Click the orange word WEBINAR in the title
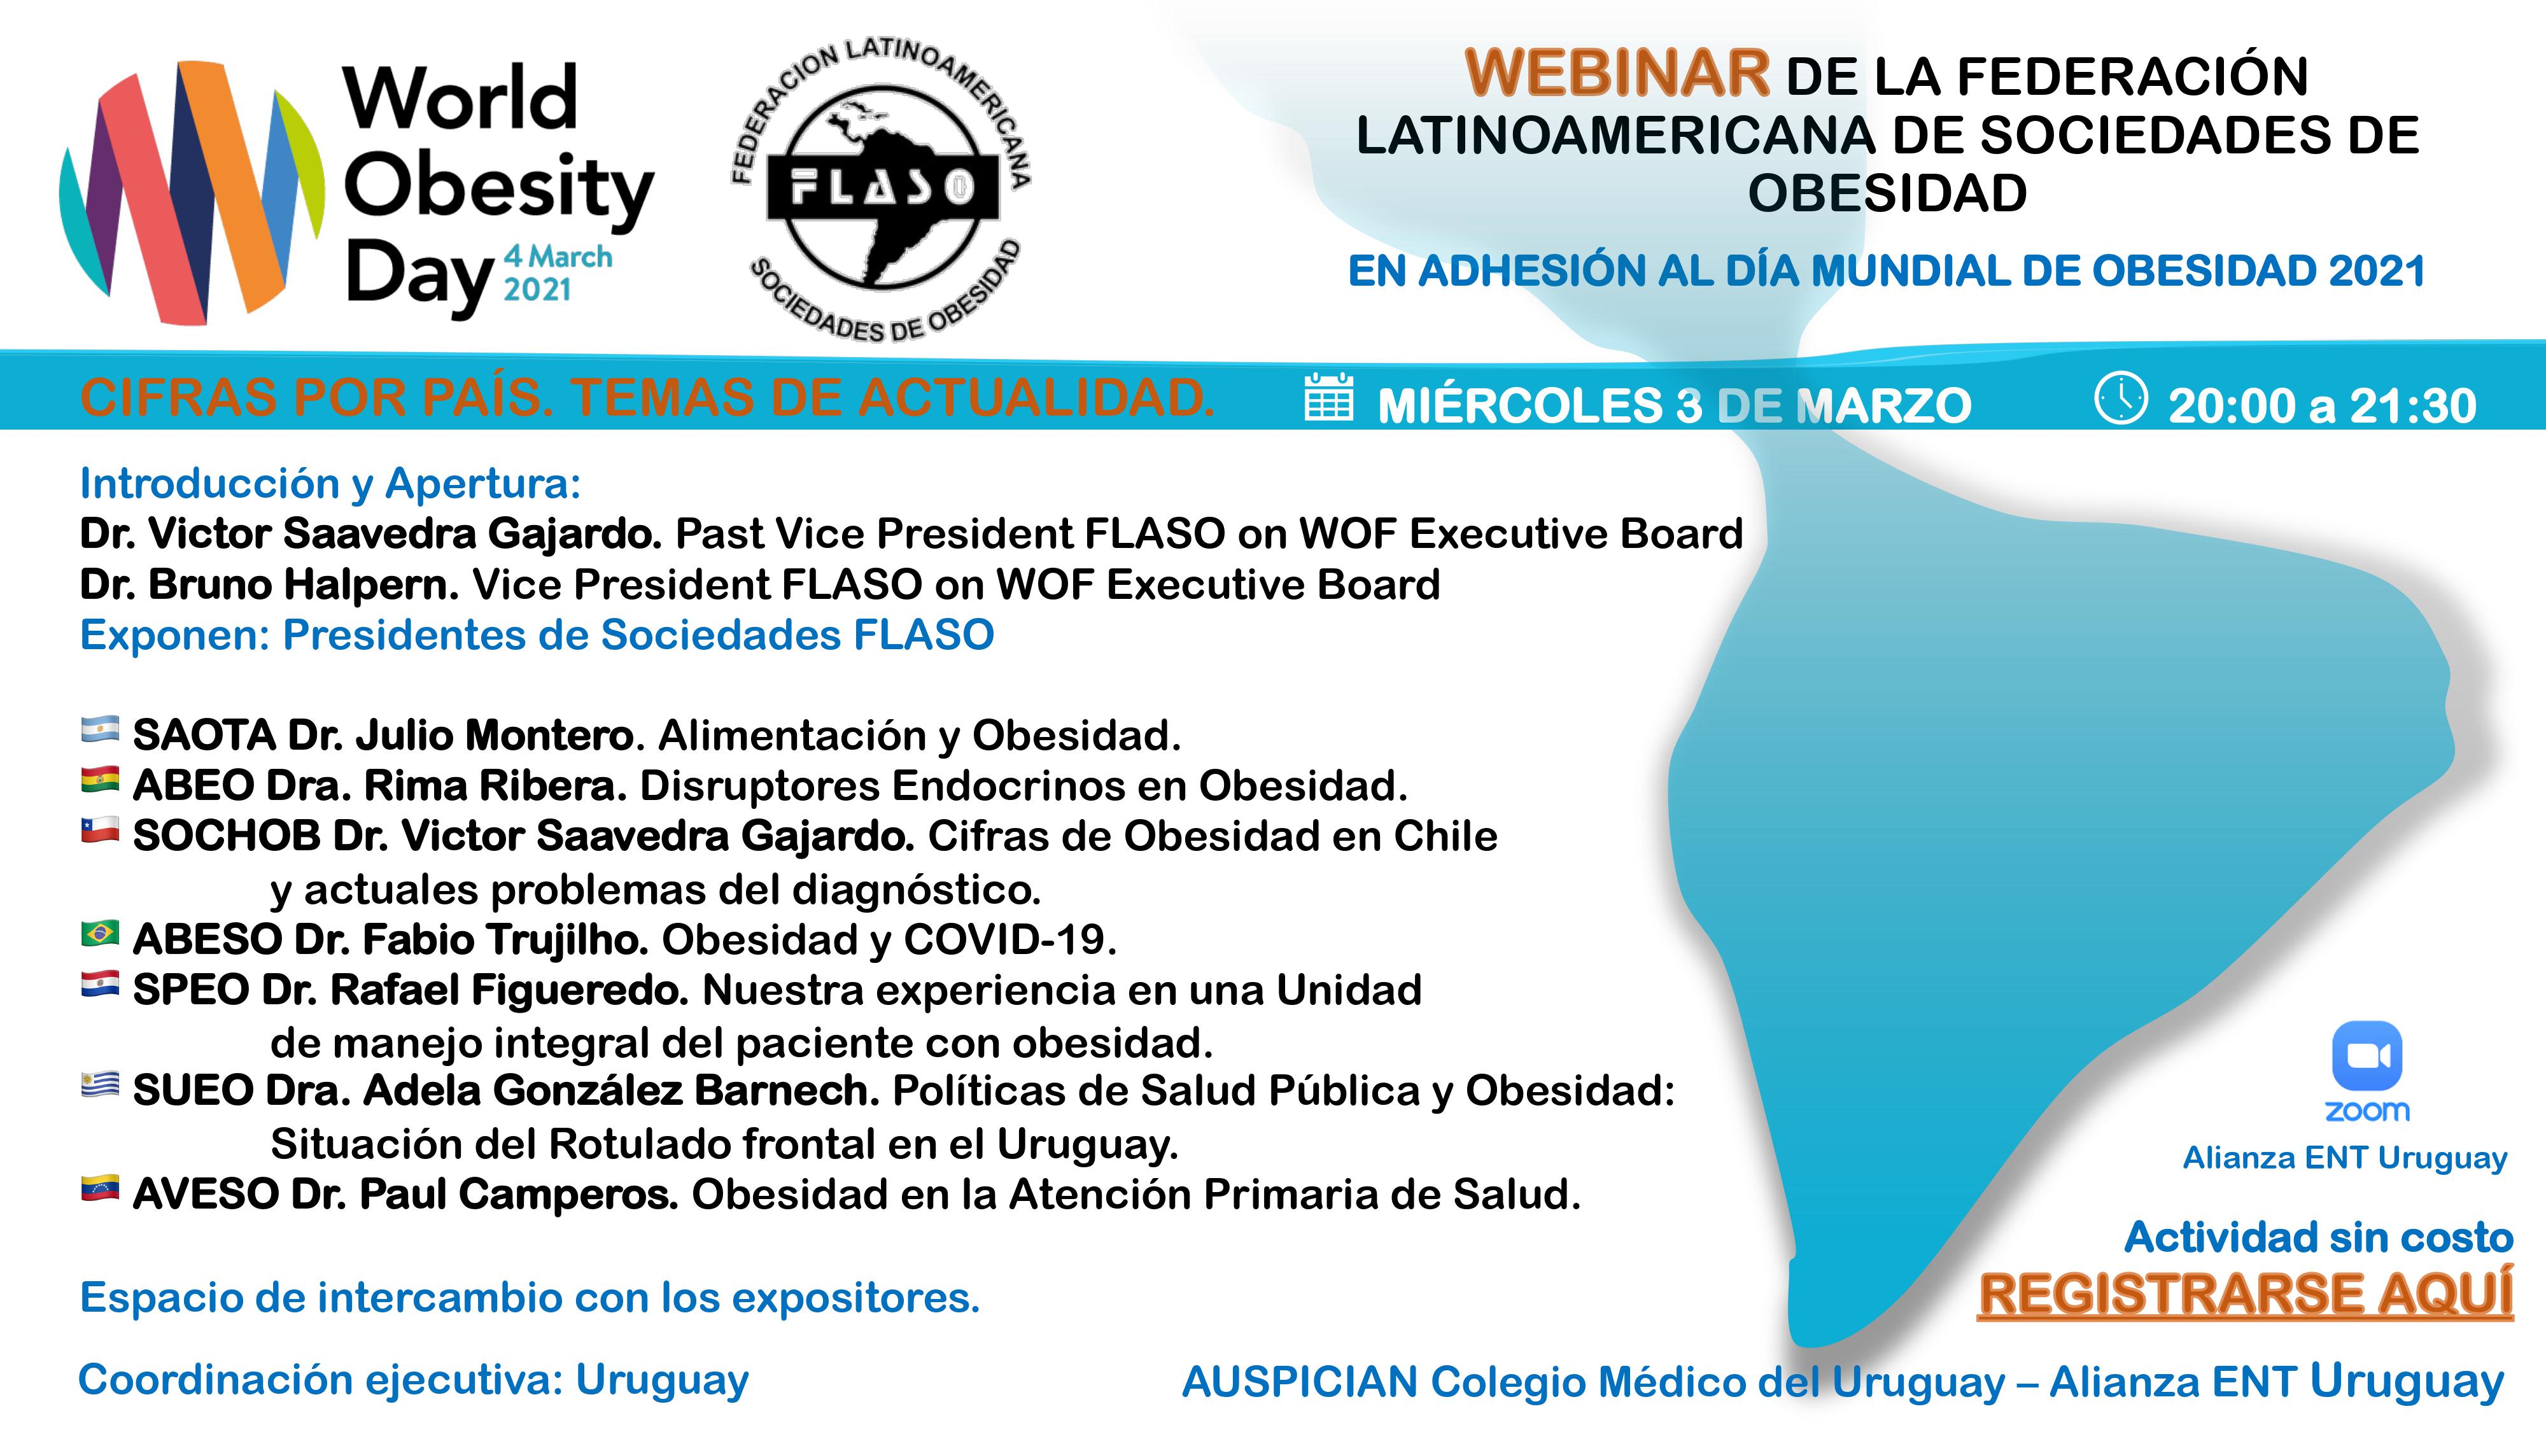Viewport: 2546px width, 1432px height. tap(1617, 73)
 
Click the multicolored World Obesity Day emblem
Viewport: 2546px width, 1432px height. tap(191, 193)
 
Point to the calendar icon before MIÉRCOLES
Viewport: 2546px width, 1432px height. tap(1330, 397)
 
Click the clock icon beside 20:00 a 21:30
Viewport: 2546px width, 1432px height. tap(2121, 399)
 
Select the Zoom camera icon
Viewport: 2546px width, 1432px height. tap(2367, 1055)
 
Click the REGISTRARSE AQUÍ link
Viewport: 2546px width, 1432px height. tap(2244, 1295)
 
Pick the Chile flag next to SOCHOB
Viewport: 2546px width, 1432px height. tap(100, 830)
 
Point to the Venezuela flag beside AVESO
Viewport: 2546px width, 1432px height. tap(100, 1188)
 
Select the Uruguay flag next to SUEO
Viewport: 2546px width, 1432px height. tap(100, 1085)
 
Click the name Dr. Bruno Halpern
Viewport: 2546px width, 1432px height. tap(269, 585)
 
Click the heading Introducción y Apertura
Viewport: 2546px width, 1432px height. tap(330, 484)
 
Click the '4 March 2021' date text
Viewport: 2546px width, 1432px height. tap(558, 273)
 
